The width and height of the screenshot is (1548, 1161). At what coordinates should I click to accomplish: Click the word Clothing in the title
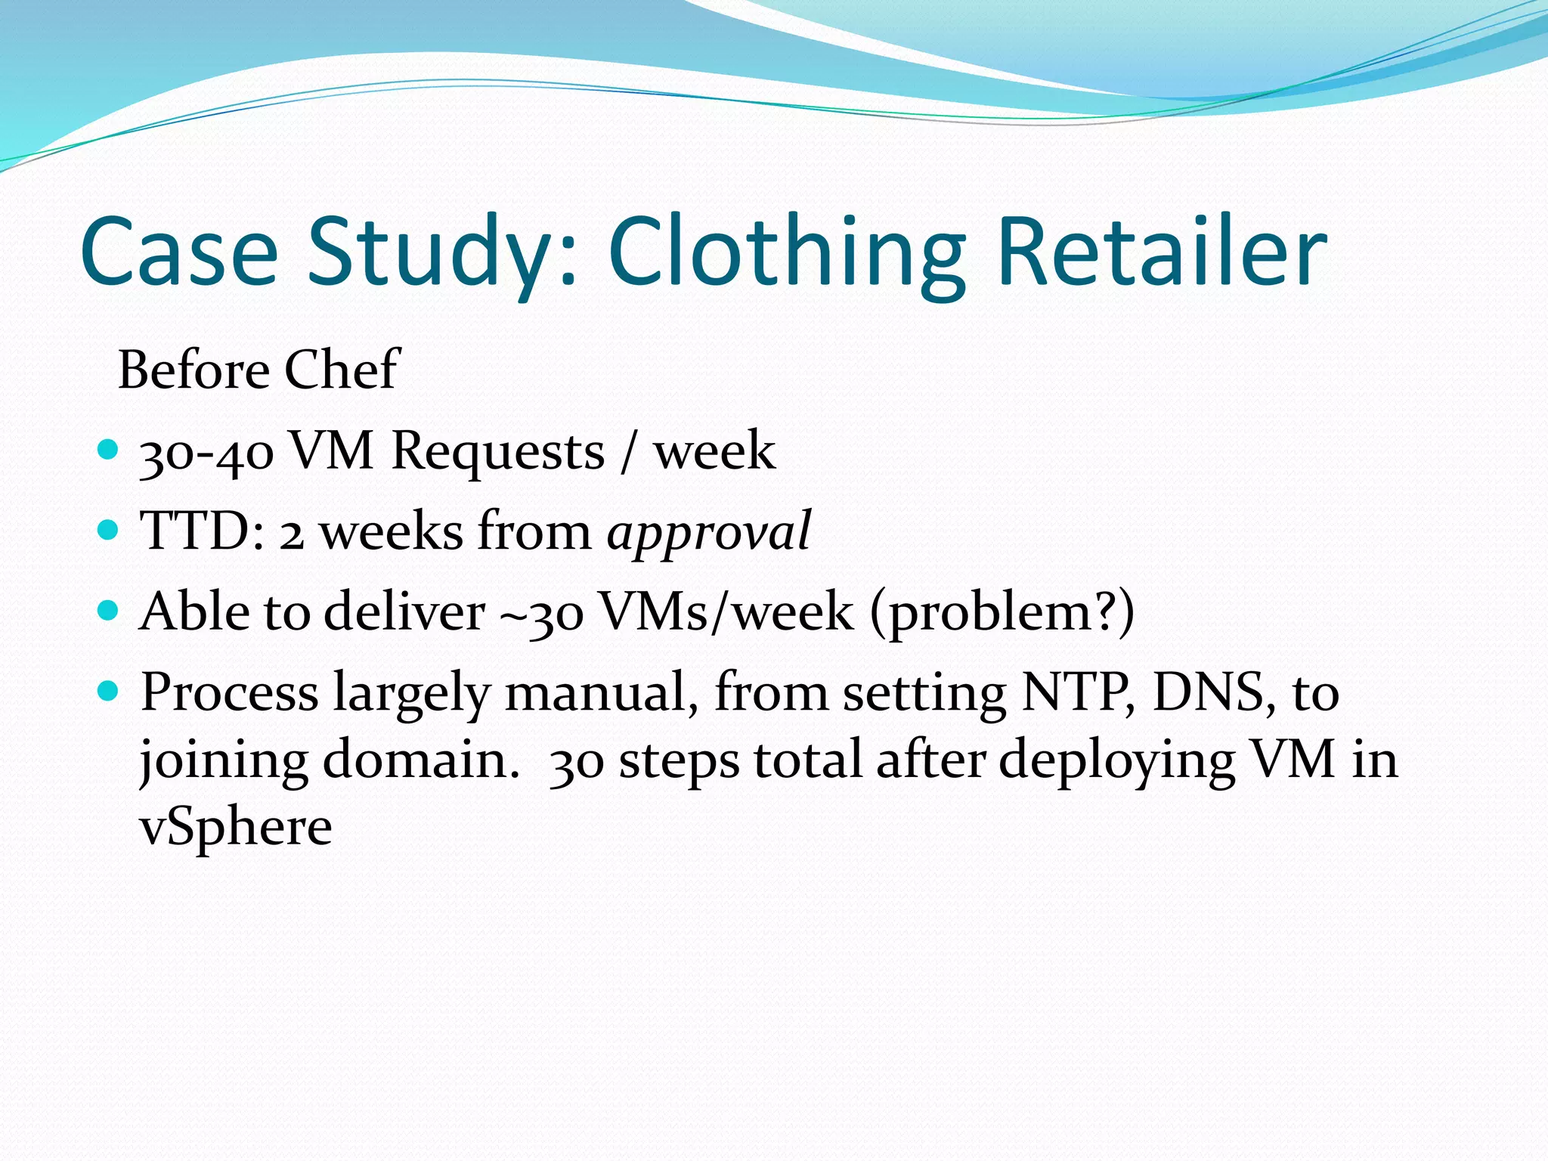click(786, 253)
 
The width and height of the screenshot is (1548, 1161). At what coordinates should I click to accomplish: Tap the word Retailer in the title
click(1162, 253)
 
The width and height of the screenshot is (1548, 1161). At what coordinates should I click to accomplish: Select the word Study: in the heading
click(441, 253)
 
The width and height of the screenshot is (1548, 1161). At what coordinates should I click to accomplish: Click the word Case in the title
click(179, 253)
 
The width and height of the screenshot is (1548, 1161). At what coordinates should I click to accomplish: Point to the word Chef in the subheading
click(341, 370)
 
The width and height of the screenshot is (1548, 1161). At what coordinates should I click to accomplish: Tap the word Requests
click(498, 452)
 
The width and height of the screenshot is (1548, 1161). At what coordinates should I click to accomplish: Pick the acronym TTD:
click(203, 531)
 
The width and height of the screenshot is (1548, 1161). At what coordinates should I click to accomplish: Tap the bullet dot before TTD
click(109, 530)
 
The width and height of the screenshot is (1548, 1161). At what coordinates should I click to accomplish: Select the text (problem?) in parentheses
click(1002, 612)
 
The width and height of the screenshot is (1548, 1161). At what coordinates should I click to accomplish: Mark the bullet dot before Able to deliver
click(109, 610)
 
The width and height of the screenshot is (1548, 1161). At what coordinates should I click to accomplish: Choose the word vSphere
click(236, 828)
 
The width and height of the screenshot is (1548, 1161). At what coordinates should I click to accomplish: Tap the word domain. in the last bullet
click(421, 760)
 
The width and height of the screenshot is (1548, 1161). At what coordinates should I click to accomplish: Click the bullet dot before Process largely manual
click(109, 690)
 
